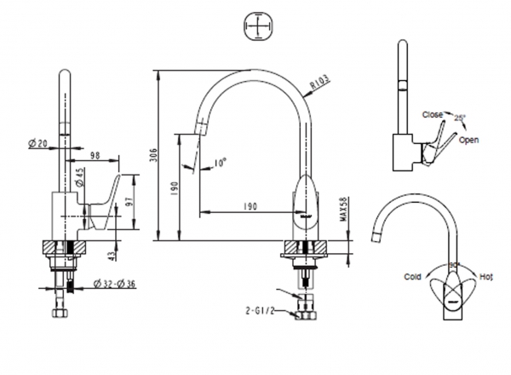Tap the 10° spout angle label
point(221,161)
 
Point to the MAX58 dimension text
point(343,209)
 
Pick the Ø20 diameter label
point(37,143)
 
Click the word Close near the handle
point(432,113)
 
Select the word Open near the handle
point(468,139)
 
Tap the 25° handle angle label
point(461,117)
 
